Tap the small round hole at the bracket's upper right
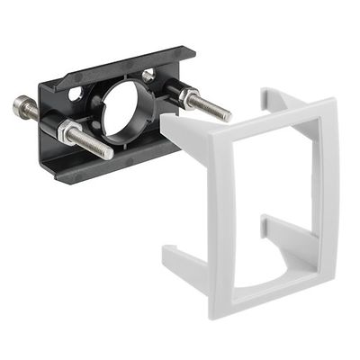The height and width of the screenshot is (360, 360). (x=148, y=76)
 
